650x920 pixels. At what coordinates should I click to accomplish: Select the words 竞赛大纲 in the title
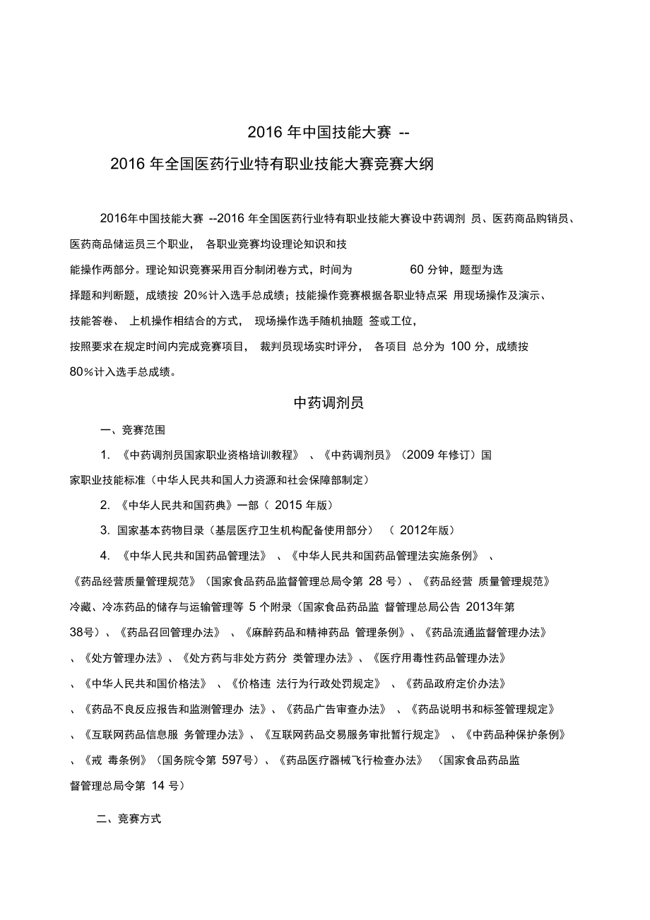pos(409,165)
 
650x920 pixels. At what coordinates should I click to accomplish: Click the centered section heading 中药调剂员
pos(328,403)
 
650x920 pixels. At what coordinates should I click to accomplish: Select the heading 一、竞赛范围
pos(133,429)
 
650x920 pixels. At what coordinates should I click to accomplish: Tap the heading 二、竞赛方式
pos(129,819)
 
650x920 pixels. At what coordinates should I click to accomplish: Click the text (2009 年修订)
pos(438,455)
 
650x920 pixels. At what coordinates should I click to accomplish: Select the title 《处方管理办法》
pos(120,658)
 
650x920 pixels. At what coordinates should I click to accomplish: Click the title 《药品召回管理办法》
pos(170,633)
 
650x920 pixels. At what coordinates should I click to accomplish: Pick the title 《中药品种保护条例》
pos(516,734)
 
